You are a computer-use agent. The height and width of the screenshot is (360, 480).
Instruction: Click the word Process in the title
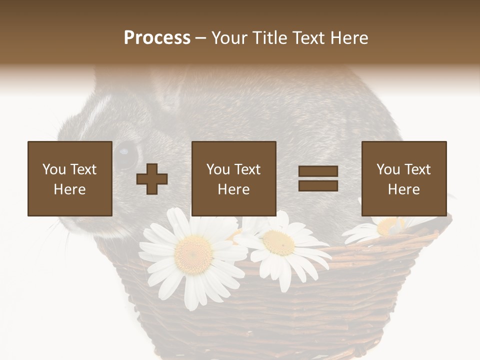click(x=157, y=38)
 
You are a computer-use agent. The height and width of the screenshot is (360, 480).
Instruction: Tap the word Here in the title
click(x=348, y=38)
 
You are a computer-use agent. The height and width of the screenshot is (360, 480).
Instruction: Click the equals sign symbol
click(x=318, y=178)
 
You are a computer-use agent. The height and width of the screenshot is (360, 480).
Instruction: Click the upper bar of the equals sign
click(x=318, y=171)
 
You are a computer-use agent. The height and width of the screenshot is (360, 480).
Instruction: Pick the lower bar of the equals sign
click(x=318, y=185)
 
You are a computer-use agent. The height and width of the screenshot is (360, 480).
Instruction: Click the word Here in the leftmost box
click(x=69, y=189)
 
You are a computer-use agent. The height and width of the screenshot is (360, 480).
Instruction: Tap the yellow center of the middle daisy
click(x=278, y=242)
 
